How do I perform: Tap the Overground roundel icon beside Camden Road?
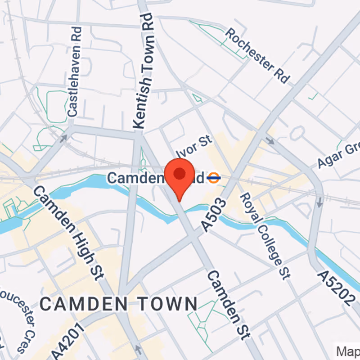pyautogui.click(x=214, y=178)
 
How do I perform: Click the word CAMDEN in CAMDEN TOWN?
pyautogui.click(x=81, y=304)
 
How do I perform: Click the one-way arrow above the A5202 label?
pyautogui.click(x=320, y=203)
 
